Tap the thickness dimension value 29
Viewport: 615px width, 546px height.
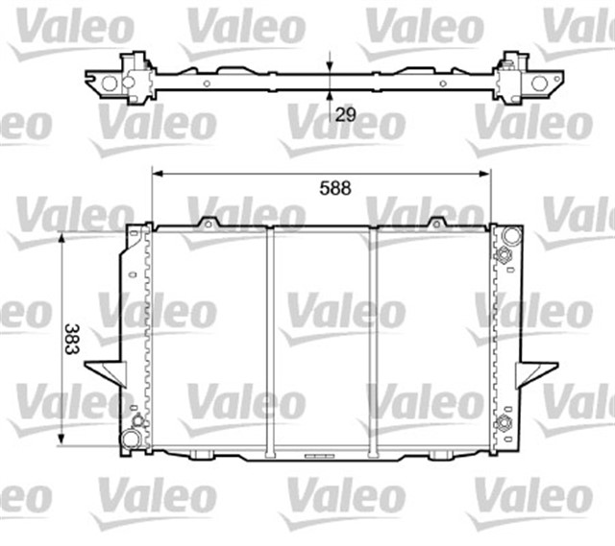pyautogui.click(x=346, y=113)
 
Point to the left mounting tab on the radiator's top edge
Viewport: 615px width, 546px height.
pyautogui.click(x=206, y=224)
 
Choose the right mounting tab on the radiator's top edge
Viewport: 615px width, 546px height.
pyautogui.click(x=437, y=224)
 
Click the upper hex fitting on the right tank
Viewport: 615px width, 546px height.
pyautogui.click(x=502, y=255)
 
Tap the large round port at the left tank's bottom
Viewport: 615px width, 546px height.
pyautogui.click(x=130, y=439)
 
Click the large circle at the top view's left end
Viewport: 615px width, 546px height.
pyautogui.click(x=110, y=83)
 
